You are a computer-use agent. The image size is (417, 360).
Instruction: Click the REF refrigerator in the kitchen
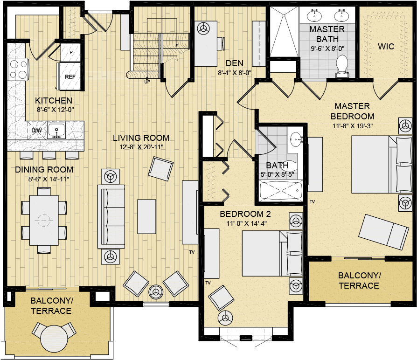[x=69, y=76]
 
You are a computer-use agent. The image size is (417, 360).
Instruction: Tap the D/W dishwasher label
[x=36, y=131]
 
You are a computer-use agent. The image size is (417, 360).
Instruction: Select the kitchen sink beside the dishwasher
[x=56, y=130]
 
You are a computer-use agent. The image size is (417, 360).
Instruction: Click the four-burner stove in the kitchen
[x=18, y=69]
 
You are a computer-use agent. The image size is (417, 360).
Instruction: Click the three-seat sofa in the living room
[x=111, y=217]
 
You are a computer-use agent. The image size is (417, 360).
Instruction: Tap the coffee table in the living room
[x=146, y=216]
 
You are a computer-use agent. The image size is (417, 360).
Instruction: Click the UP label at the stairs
[x=147, y=82]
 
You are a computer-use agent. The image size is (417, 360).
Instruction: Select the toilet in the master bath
[x=342, y=66]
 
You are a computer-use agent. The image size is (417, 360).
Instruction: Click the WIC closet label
[x=386, y=47]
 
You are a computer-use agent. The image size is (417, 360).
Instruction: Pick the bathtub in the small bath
[x=281, y=190]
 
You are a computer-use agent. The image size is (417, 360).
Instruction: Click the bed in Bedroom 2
[x=272, y=254]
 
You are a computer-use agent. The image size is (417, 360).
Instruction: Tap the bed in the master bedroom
[x=382, y=164]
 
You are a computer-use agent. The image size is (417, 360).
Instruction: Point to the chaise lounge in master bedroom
[x=383, y=232]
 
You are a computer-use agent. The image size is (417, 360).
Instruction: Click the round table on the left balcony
[x=54, y=338]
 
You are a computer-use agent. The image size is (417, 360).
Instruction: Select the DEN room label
[x=234, y=63]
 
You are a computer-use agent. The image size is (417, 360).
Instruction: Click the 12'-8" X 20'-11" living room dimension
[x=141, y=147]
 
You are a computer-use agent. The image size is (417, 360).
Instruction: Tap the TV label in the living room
[x=192, y=252]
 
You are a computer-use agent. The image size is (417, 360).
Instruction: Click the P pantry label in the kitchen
[x=71, y=53]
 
